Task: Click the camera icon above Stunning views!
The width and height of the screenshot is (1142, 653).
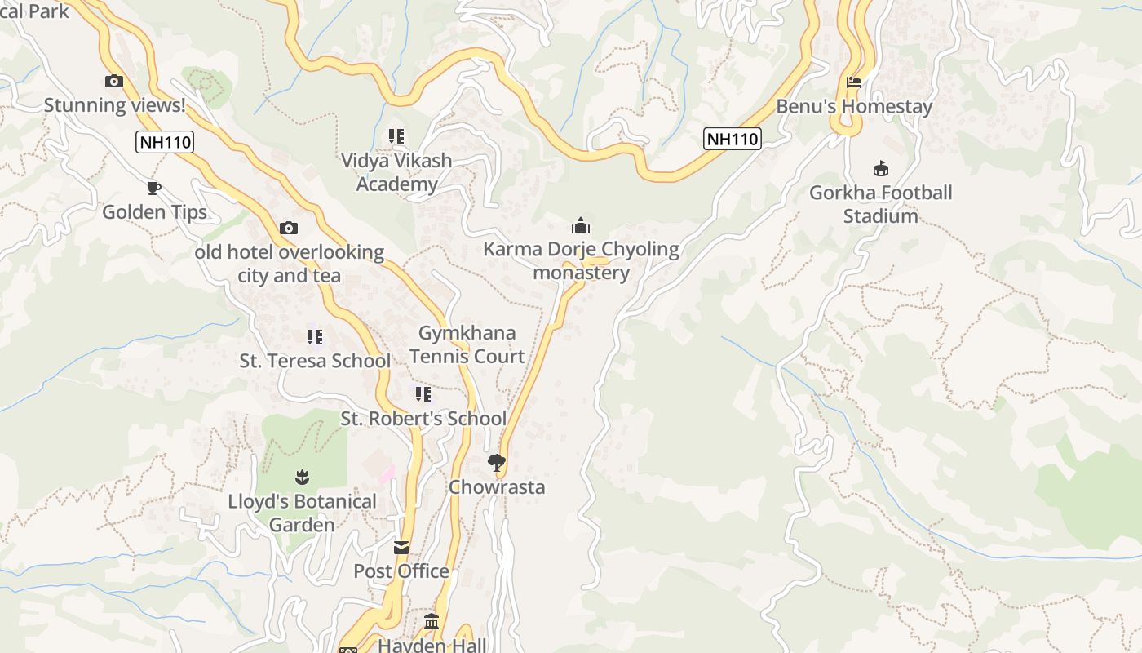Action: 114,81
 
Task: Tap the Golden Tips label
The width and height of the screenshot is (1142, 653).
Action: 154,212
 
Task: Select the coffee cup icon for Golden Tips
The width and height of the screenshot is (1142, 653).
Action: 154,189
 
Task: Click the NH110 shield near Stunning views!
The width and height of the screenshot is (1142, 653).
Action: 165,142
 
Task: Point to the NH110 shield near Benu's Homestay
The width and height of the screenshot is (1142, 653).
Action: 732,139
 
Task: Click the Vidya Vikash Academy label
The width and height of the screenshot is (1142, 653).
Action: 396,172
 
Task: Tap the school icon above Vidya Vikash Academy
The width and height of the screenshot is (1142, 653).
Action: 396,136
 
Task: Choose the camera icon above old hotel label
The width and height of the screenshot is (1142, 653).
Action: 289,228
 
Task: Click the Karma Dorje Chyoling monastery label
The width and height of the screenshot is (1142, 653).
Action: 581,260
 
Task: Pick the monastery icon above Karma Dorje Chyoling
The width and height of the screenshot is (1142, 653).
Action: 581,224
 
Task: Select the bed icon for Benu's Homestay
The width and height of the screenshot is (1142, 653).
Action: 854,82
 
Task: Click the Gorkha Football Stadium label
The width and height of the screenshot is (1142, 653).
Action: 881,204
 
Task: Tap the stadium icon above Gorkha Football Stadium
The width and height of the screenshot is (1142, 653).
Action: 881,169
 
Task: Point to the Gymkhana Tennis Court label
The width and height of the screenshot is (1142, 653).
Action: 467,344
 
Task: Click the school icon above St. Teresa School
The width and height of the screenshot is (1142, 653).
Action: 315,336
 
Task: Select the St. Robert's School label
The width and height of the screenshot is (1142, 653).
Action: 423,419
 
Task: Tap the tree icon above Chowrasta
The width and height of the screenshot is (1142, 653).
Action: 496,464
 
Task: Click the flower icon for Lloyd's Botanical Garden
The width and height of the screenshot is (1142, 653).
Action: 302,477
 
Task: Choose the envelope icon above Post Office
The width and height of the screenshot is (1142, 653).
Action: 401,548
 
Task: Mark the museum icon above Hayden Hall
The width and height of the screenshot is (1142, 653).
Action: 432,622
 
